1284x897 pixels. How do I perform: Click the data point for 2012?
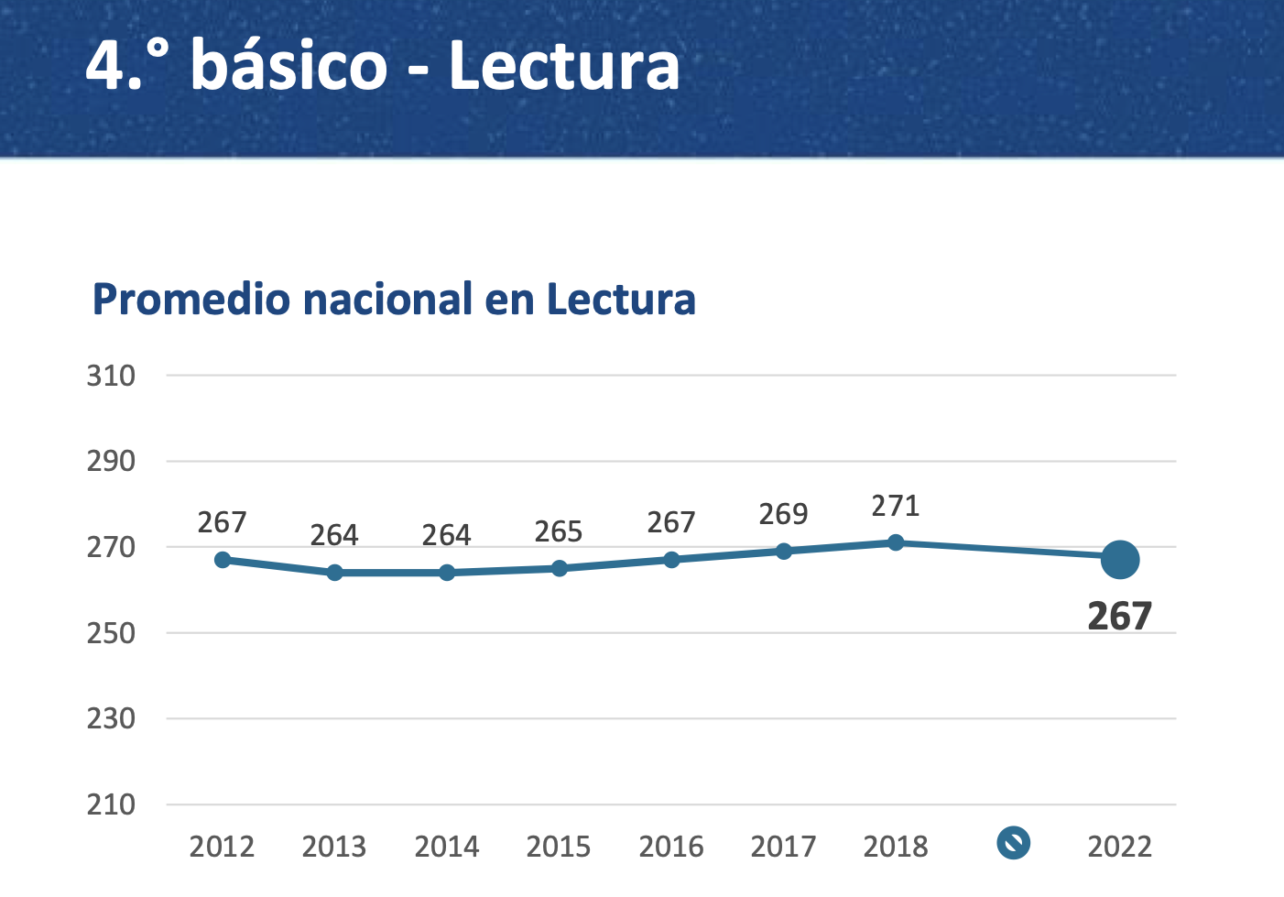coord(223,560)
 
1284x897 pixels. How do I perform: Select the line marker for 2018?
coord(896,542)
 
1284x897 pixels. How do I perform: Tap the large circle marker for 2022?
coord(1120,560)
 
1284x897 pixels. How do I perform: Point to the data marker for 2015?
coord(560,568)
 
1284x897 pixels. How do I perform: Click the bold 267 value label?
coord(1119,617)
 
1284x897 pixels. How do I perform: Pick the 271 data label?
coord(895,506)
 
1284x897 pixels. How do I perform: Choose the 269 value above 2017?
coord(783,514)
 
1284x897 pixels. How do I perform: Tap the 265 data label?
coord(559,531)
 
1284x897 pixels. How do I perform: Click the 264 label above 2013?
coord(334,535)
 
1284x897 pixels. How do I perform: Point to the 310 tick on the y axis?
coord(111,376)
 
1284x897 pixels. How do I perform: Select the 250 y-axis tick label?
coord(111,633)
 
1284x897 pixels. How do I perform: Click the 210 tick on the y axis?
coord(111,804)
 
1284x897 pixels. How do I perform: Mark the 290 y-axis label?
coord(111,461)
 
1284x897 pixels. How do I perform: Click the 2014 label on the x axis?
coord(447,847)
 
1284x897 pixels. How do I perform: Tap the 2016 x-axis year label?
coord(671,847)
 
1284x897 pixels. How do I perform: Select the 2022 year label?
coord(1119,847)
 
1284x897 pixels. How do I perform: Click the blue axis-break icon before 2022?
coord(1013,842)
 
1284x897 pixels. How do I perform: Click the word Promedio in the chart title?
coord(190,300)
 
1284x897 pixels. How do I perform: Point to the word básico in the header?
coord(289,66)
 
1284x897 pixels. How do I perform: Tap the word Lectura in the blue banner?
coord(564,66)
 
